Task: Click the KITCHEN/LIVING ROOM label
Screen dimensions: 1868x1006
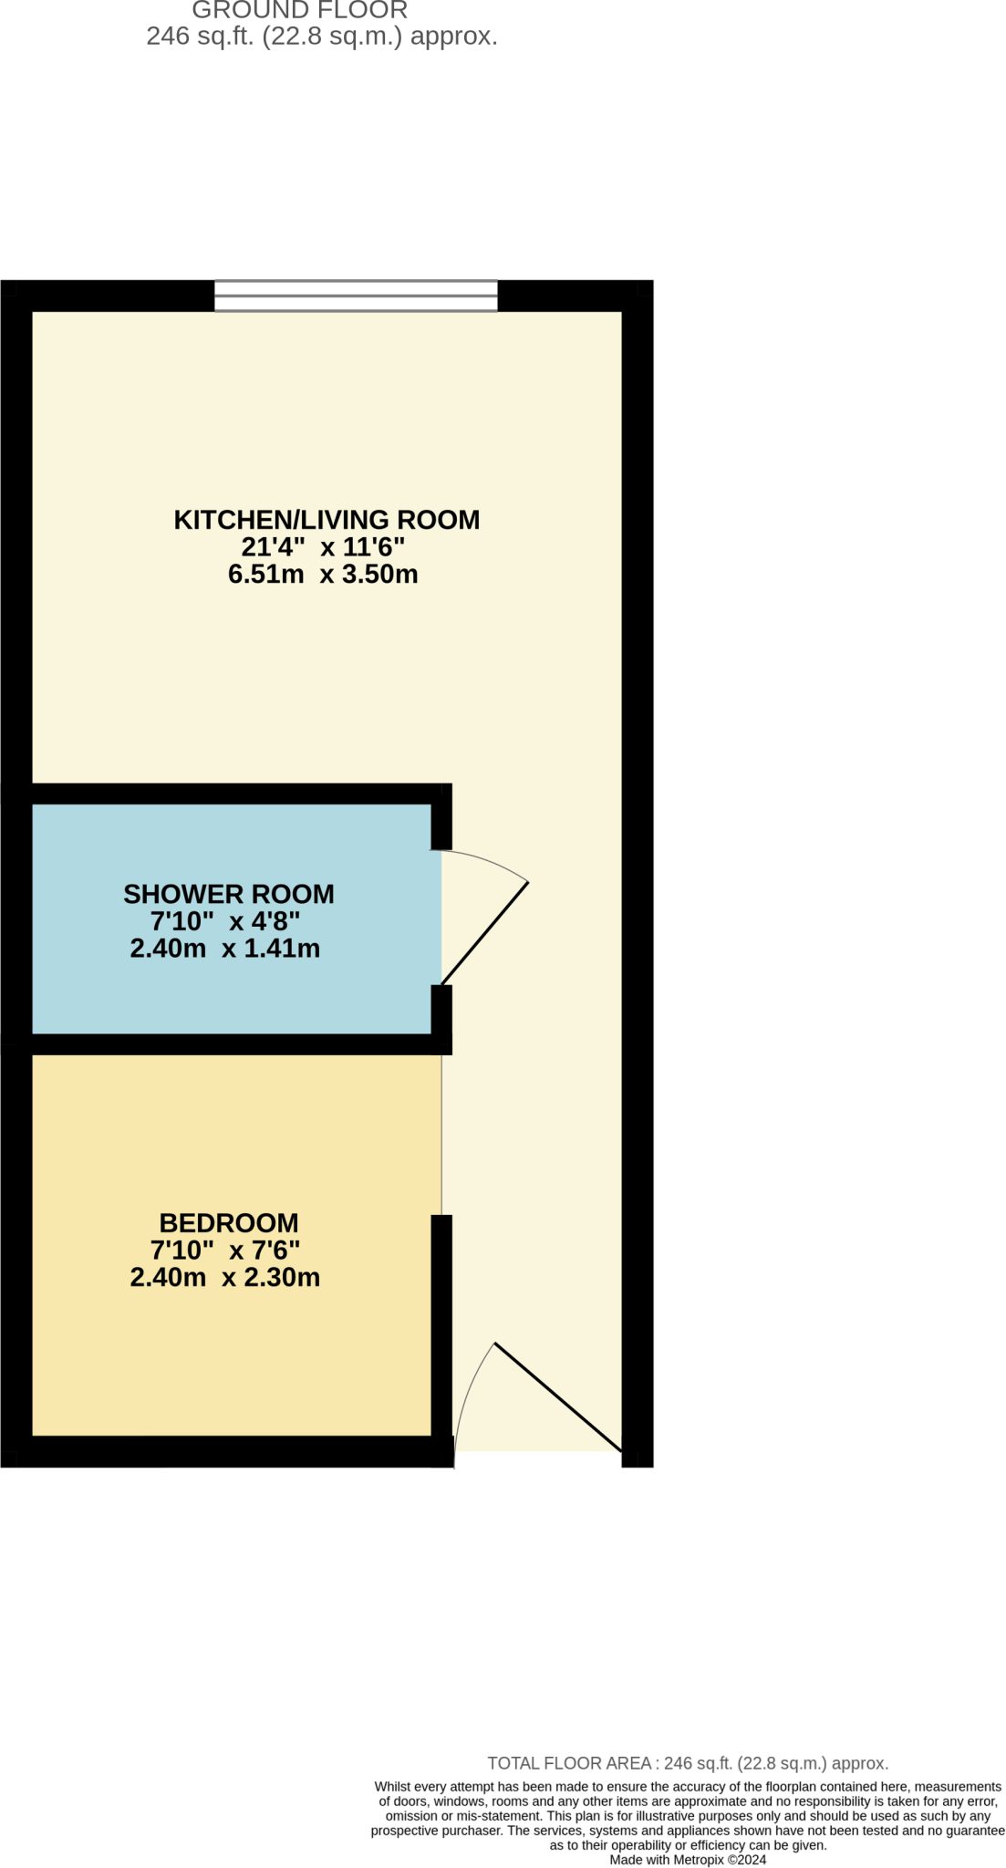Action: point(326,520)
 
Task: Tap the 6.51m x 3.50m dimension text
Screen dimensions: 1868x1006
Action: point(323,575)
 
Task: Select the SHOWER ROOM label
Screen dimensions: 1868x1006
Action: point(228,894)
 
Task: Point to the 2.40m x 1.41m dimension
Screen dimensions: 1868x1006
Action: point(224,949)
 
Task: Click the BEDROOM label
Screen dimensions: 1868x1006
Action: point(228,1222)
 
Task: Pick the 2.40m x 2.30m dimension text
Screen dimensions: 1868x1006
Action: point(224,1277)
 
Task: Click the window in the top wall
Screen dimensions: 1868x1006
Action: point(356,296)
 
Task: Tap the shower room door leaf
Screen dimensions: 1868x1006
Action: point(485,933)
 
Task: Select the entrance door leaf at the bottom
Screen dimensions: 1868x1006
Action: point(557,1396)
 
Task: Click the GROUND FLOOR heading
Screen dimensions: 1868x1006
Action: point(299,11)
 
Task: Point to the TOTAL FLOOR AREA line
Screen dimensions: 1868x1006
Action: point(687,1763)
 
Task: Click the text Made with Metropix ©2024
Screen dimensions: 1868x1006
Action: point(688,1859)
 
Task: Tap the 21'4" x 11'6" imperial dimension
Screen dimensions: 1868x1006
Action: point(323,547)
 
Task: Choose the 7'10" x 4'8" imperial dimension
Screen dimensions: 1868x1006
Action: point(224,921)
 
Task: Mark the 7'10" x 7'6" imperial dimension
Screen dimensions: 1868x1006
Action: point(224,1250)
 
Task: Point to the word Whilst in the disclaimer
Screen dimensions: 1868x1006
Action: point(392,1786)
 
